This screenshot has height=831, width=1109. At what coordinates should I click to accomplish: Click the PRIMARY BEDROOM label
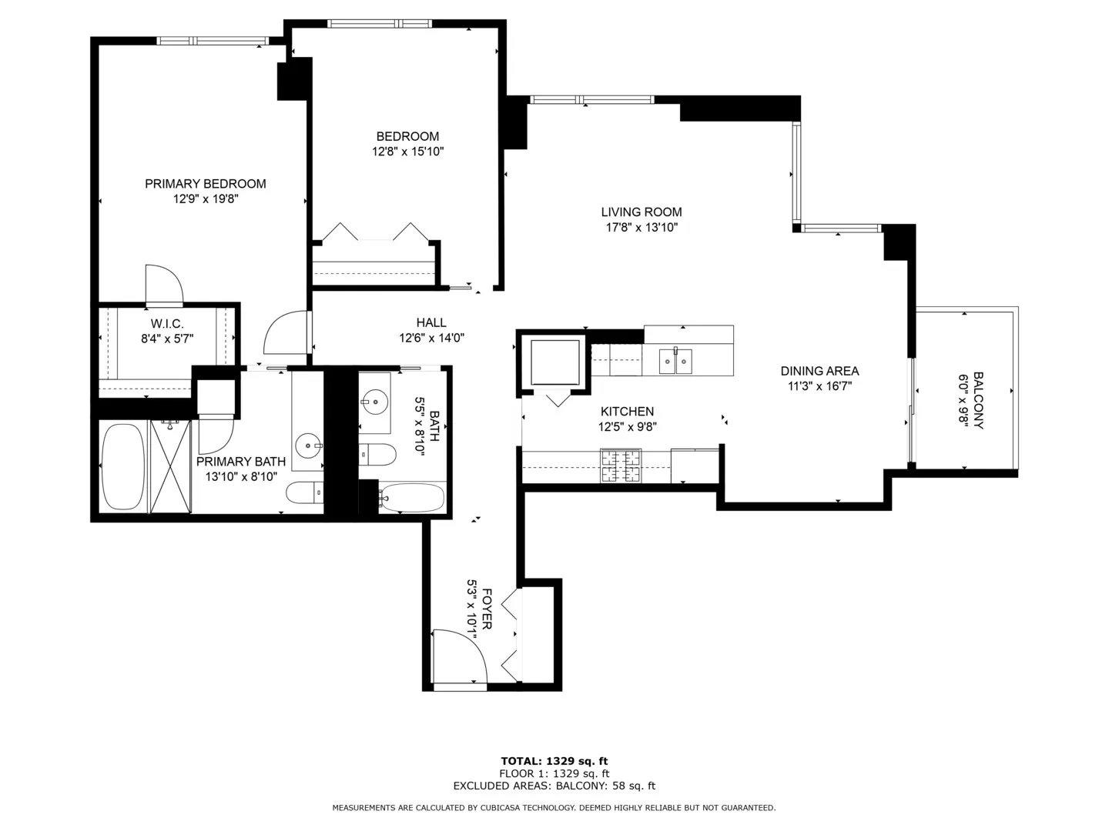click(205, 184)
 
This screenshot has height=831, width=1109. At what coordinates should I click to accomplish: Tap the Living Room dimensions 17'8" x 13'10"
click(642, 228)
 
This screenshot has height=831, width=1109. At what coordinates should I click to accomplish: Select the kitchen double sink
click(675, 362)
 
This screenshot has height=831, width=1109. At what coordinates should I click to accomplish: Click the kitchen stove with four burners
click(621, 466)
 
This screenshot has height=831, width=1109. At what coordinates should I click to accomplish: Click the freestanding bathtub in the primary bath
click(122, 466)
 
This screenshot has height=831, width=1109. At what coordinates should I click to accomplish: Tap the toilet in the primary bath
click(305, 492)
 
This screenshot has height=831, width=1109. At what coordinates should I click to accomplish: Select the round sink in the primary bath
click(308, 446)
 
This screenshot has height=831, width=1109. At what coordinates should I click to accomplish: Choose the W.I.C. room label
click(166, 324)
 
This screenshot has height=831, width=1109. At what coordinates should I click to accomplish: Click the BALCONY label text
click(978, 400)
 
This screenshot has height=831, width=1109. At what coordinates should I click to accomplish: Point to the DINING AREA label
click(819, 372)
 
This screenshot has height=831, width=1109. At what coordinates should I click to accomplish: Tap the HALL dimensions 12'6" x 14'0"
click(431, 338)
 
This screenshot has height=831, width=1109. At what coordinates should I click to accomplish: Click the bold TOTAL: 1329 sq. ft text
click(554, 761)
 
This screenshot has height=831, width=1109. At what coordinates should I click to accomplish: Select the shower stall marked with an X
click(170, 466)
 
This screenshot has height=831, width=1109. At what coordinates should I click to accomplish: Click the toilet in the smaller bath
click(377, 454)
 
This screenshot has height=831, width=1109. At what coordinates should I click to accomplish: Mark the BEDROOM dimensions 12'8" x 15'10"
click(407, 152)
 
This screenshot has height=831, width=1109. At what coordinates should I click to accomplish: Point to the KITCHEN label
click(627, 412)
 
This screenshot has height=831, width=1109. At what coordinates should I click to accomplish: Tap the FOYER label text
click(487, 609)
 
